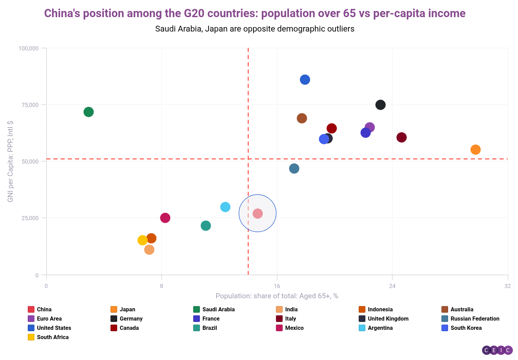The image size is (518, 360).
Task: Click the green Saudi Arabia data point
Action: [x=88, y=112]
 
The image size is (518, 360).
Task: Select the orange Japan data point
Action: [x=475, y=149]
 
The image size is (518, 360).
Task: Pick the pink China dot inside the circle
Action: [x=258, y=214]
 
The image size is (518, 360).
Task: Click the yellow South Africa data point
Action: [x=143, y=240]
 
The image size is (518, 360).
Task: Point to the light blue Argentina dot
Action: [x=225, y=207]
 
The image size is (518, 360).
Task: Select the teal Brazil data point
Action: [x=206, y=226]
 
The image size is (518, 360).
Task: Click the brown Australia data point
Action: [x=301, y=118]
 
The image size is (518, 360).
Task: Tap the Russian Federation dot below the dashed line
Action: [x=294, y=168]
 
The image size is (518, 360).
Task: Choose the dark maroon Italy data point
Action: [x=402, y=137]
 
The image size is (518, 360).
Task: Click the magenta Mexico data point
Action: [x=165, y=218]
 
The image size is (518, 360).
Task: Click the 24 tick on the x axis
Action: [x=392, y=286]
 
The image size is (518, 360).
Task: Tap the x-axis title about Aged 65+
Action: [x=277, y=296]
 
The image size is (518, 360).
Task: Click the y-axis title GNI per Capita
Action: [x=10, y=161]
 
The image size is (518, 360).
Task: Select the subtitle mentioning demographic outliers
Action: [x=255, y=29]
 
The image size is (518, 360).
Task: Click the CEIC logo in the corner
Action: [x=497, y=350]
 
